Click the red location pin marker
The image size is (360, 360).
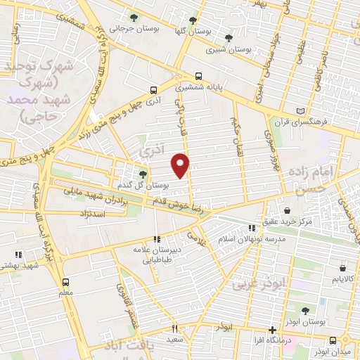181,166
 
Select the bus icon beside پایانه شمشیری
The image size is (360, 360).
199,77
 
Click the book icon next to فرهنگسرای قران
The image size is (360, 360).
302,110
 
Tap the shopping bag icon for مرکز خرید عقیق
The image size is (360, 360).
287,210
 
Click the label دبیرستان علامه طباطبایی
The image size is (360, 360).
157,254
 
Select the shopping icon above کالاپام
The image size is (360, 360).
342,268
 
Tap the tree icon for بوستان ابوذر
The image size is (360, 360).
305,310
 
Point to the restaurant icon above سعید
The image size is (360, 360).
174,328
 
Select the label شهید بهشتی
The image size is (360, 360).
19,266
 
